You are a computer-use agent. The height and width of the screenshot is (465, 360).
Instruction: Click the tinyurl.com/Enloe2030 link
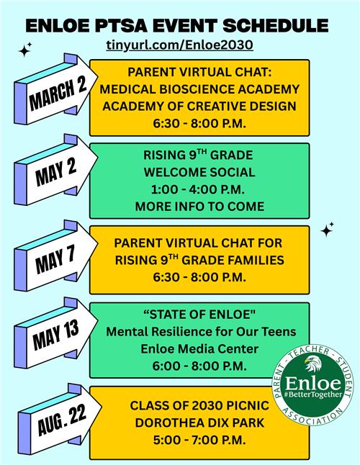[179, 45]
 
